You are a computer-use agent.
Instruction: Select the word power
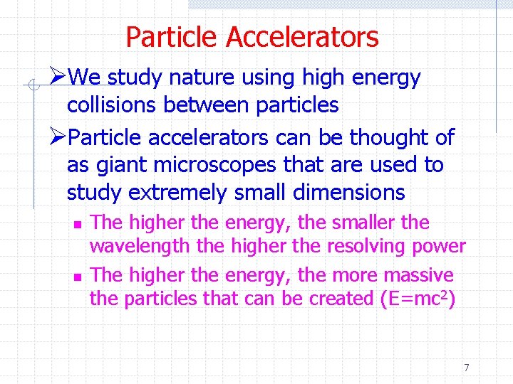(439, 247)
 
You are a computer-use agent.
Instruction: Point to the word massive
(418, 274)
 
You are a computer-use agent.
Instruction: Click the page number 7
(467, 368)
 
